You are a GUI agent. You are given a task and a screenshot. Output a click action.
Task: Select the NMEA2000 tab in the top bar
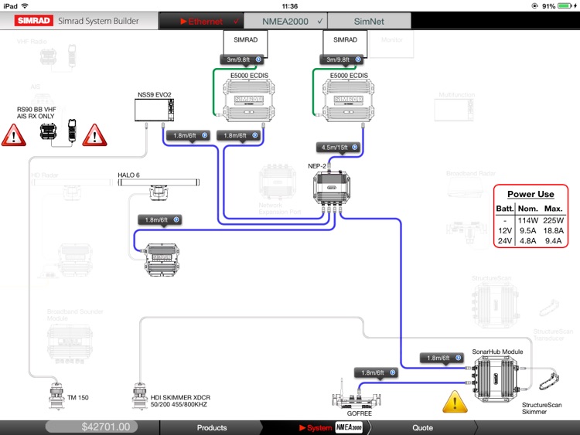tap(285, 21)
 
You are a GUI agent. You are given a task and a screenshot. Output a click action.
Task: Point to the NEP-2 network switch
tap(333, 187)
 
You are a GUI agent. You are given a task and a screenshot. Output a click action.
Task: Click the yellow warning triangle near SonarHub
tap(455, 402)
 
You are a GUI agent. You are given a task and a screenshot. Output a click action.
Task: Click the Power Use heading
tap(531, 194)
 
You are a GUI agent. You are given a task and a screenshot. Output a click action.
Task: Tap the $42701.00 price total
tap(105, 427)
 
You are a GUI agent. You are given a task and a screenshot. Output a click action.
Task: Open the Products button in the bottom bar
tap(212, 427)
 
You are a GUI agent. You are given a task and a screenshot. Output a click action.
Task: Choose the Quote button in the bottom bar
tap(422, 427)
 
